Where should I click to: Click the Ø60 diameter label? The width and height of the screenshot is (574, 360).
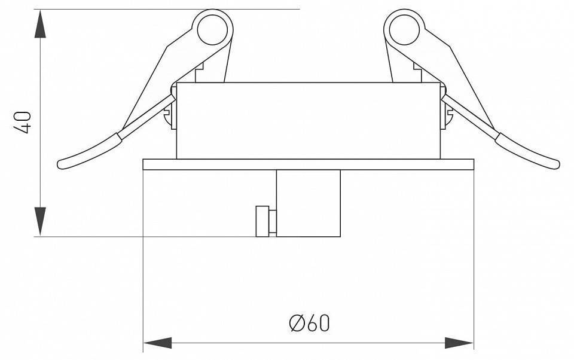pyautogui.click(x=309, y=323)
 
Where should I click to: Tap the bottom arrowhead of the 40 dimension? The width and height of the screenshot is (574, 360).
pyautogui.click(x=40, y=221)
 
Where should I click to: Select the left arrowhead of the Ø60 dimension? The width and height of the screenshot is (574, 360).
pyautogui.click(x=157, y=343)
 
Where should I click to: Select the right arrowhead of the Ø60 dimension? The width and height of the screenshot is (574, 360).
pyautogui.click(x=459, y=343)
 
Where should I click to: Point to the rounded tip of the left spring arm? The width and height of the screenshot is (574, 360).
pyautogui.click(x=62, y=163)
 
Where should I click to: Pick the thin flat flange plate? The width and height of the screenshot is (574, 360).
pyautogui.click(x=309, y=164)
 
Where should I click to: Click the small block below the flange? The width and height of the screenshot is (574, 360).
pyautogui.click(x=309, y=203)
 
